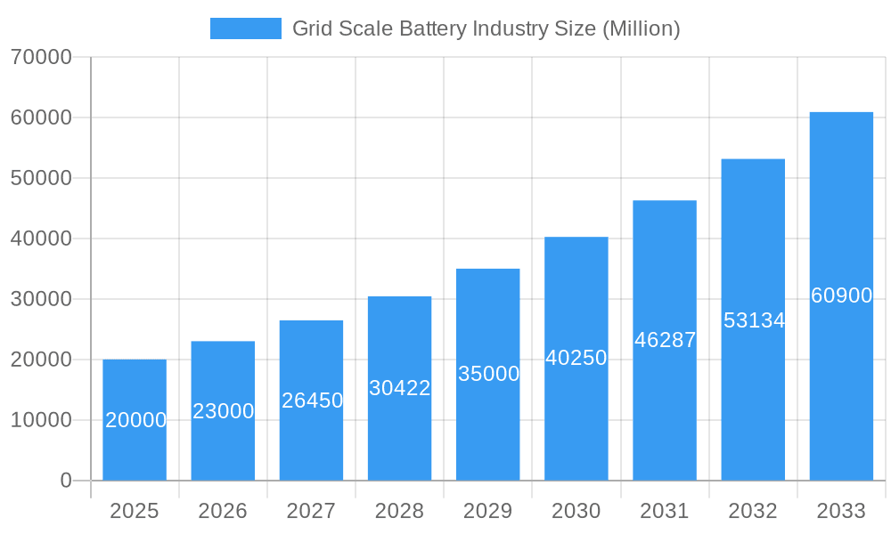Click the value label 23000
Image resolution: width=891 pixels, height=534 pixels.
[x=223, y=411]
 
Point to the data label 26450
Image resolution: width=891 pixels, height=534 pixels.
[x=312, y=400]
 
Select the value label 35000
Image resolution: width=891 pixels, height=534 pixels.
[x=488, y=374]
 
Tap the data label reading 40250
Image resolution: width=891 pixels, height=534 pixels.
[x=576, y=358]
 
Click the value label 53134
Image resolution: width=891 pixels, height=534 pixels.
[x=754, y=320]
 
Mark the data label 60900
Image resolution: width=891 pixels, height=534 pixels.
[x=841, y=295]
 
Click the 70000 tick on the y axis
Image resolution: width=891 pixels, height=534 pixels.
[x=41, y=57]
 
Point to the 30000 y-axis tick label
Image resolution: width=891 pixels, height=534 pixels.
[x=41, y=299]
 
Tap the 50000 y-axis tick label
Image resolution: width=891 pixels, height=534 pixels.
[x=41, y=178]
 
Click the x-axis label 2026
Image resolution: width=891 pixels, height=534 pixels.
[x=223, y=511]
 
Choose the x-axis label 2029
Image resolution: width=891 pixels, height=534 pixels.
[x=488, y=511]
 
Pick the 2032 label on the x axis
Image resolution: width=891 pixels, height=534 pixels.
[x=753, y=511]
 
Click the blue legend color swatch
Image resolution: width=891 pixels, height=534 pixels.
[x=245, y=28]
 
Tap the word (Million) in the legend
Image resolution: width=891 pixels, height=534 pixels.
[x=642, y=28]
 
